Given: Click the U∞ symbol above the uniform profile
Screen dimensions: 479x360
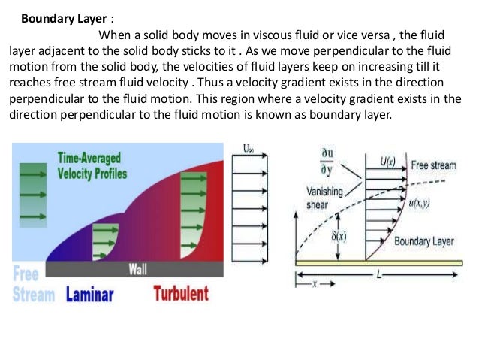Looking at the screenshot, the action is pyautogui.click(x=249, y=149).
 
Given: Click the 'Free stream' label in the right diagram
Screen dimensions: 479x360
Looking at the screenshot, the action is pyautogui.click(x=434, y=164).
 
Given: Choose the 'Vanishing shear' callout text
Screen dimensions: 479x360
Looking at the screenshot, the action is pyautogui.click(x=324, y=197).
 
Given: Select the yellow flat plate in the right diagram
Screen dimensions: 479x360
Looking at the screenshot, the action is pyautogui.click(x=375, y=262).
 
